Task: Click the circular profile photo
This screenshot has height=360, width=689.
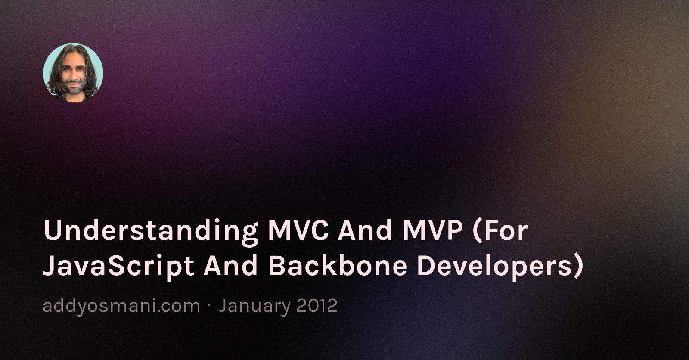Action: tap(73, 73)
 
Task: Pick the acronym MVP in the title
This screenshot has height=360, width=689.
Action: tap(432, 230)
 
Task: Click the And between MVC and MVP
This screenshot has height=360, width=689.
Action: tap(365, 230)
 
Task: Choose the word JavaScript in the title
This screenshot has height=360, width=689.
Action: tap(118, 266)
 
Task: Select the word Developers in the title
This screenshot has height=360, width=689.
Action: tap(493, 266)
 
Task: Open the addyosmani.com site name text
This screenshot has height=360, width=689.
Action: tap(121, 306)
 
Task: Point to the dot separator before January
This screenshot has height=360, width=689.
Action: tap(209, 306)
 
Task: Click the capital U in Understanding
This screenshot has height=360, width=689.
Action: tap(51, 230)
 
